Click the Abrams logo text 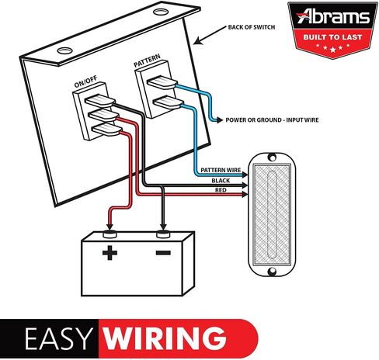click(x=333, y=16)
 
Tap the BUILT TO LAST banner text click(x=332, y=37)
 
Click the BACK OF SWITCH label click(x=252, y=27)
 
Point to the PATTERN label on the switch click(x=147, y=61)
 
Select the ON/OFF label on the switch click(x=85, y=81)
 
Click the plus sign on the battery click(x=110, y=253)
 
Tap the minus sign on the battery click(x=163, y=253)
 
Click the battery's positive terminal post click(x=110, y=234)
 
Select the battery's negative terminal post click(x=163, y=234)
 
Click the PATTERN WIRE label click(x=221, y=170)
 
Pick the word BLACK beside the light click(x=221, y=181)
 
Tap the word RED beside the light click(x=221, y=190)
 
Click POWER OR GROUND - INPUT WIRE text click(x=272, y=120)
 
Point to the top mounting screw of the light click(x=272, y=157)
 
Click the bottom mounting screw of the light click(x=272, y=272)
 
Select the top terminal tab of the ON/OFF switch click(x=100, y=101)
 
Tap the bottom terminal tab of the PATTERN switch click(x=169, y=102)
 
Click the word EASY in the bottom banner click(x=58, y=338)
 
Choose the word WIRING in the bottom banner click(x=165, y=338)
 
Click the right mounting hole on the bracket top click(x=161, y=12)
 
